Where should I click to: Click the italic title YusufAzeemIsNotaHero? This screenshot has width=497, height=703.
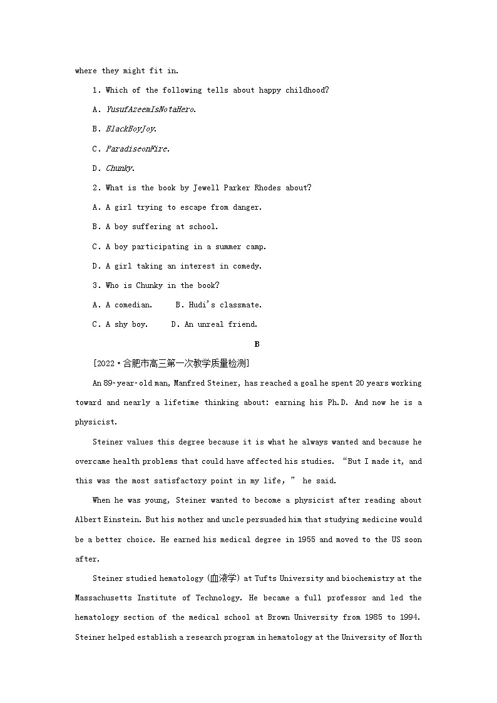coord(150,110)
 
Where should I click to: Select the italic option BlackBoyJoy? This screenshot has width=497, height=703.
coord(130,129)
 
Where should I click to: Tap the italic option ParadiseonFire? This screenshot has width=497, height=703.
coord(137,149)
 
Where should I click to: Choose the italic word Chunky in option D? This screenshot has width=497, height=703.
coord(119,168)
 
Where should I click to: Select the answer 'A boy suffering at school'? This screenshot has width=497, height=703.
coord(161,227)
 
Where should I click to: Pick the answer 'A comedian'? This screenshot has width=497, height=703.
coord(128,305)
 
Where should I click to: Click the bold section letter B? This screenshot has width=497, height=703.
coord(257,344)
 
